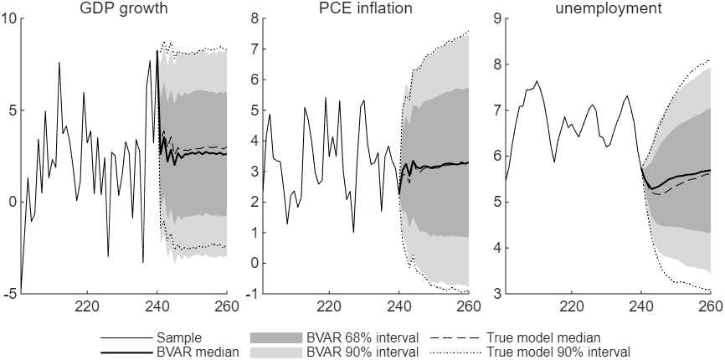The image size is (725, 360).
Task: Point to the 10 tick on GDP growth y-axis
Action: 9,18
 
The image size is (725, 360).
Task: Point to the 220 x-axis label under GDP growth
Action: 87,306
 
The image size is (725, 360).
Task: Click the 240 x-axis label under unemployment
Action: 641,306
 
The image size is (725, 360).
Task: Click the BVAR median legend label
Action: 198,352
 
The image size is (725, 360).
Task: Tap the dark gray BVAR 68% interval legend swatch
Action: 275,337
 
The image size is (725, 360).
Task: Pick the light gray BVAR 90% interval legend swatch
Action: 275,352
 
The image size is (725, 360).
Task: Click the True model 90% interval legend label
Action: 558,352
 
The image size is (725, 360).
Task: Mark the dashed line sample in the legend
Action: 456,337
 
